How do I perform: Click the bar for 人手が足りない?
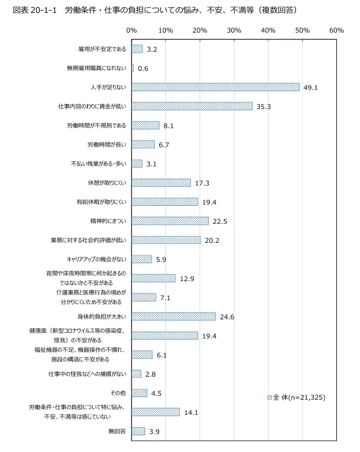tap(215, 87)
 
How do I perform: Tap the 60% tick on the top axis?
tap(336, 30)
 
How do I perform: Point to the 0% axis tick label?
tap(132, 30)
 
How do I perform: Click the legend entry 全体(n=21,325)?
tap(296, 397)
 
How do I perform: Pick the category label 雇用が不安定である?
tap(102, 49)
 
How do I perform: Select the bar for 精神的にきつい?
tap(170, 221)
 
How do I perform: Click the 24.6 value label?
tap(227, 317)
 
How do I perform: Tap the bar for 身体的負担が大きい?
tap(174, 317)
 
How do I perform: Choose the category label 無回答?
tap(117, 431)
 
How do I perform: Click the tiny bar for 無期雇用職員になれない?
tap(133, 68)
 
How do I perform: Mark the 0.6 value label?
tap(143, 69)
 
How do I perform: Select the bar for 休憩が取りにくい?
tap(161, 183)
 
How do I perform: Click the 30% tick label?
tap(234, 30)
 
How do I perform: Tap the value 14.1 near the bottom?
tap(191, 412)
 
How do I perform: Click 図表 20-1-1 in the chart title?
tap(35, 10)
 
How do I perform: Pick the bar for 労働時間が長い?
tap(143, 144)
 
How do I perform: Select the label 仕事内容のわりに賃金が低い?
tap(93, 106)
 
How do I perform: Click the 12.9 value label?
tap(187, 278)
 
